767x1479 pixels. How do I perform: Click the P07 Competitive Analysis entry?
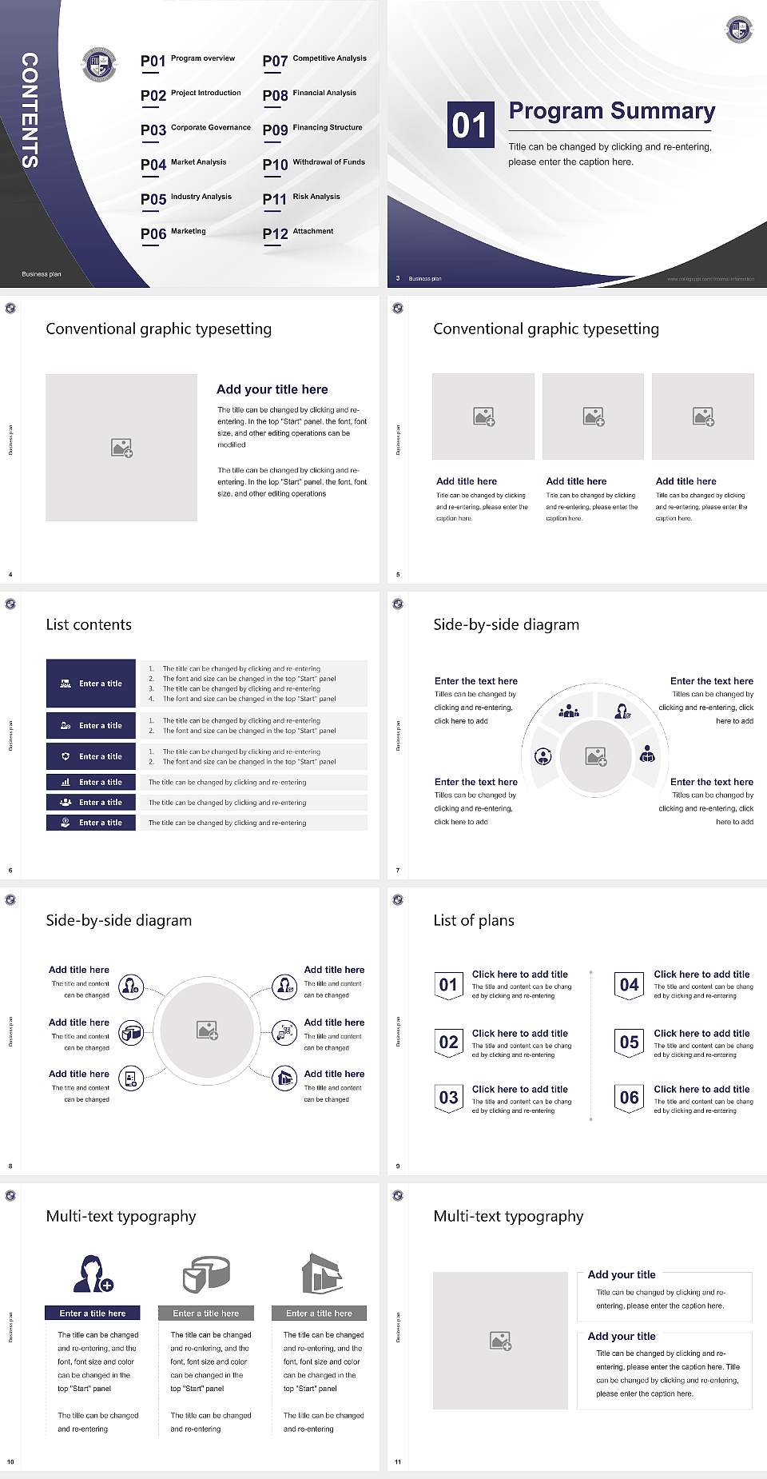(x=314, y=60)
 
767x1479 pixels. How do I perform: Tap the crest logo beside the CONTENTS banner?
(x=100, y=65)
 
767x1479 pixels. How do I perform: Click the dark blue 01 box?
(x=470, y=125)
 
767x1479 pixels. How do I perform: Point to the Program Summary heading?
(x=611, y=111)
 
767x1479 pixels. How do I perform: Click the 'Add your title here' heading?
(x=272, y=389)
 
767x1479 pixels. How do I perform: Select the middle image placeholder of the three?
(x=593, y=417)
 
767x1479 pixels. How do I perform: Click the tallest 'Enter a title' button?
(x=91, y=684)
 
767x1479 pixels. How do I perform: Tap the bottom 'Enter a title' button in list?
(x=91, y=823)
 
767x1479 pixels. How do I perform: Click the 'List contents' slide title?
(x=89, y=624)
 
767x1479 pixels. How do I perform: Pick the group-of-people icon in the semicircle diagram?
(x=569, y=710)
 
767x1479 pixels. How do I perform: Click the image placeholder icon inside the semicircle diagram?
(x=595, y=756)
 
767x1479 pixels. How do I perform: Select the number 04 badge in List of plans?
(x=630, y=986)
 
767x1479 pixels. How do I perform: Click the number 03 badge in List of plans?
(x=448, y=1098)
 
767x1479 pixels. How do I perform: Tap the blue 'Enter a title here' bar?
(x=92, y=1313)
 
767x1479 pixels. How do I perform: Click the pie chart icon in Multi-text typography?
(x=206, y=1274)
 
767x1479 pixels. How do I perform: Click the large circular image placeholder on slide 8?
(x=208, y=1031)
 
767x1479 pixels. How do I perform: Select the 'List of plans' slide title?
(x=474, y=920)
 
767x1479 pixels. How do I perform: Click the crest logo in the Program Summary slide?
(x=738, y=30)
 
